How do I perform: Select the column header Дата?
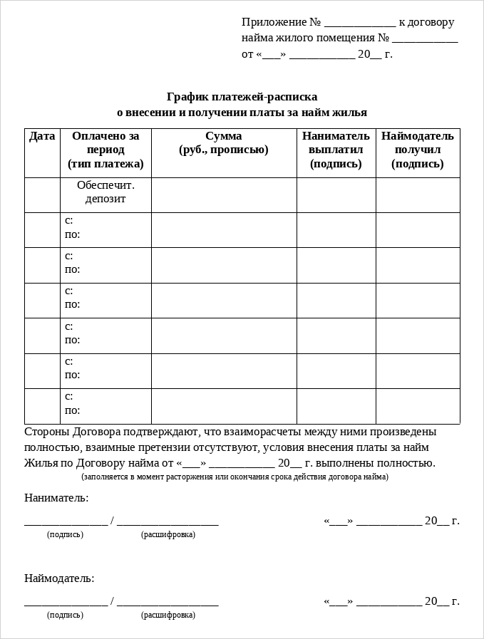pyautogui.click(x=42, y=136)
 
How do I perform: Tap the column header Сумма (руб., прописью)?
pyautogui.click(x=224, y=142)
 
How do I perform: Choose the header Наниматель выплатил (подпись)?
pyautogui.click(x=336, y=150)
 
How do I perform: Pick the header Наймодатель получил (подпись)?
pyautogui.click(x=417, y=150)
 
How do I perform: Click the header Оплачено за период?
pyautogui.click(x=105, y=142)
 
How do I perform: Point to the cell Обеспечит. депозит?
pyautogui.click(x=105, y=192)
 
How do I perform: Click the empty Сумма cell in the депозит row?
pyautogui.click(x=224, y=194)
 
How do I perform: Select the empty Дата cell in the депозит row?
pyautogui.click(x=42, y=194)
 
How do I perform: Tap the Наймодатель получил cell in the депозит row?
pyautogui.click(x=418, y=194)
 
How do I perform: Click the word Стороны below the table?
pyautogui.click(x=47, y=432)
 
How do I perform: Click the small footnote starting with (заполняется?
pyautogui.click(x=235, y=477)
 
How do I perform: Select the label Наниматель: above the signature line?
pyautogui.click(x=56, y=497)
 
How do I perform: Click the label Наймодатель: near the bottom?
pyautogui.click(x=59, y=578)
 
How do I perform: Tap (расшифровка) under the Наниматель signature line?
pyautogui.click(x=168, y=534)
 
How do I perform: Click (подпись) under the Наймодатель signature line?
pyautogui.click(x=65, y=615)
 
